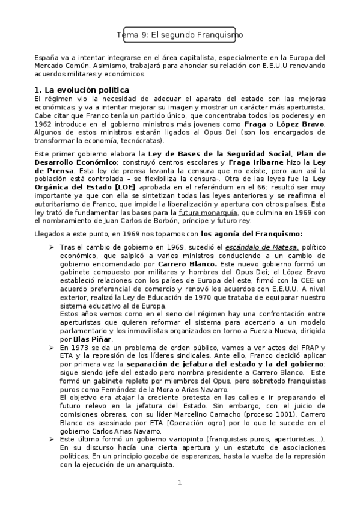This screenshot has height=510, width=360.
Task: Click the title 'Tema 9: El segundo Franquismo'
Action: pyautogui.click(x=180, y=35)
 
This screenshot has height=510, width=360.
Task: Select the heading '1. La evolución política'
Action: pyautogui.click(x=81, y=90)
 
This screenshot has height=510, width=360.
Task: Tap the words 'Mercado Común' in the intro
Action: pyautogui.click(x=59, y=66)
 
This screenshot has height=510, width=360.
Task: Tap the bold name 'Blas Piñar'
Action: pyautogui.click(x=79, y=339)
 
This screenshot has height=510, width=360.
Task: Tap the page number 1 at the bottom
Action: pyautogui.click(x=179, y=484)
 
